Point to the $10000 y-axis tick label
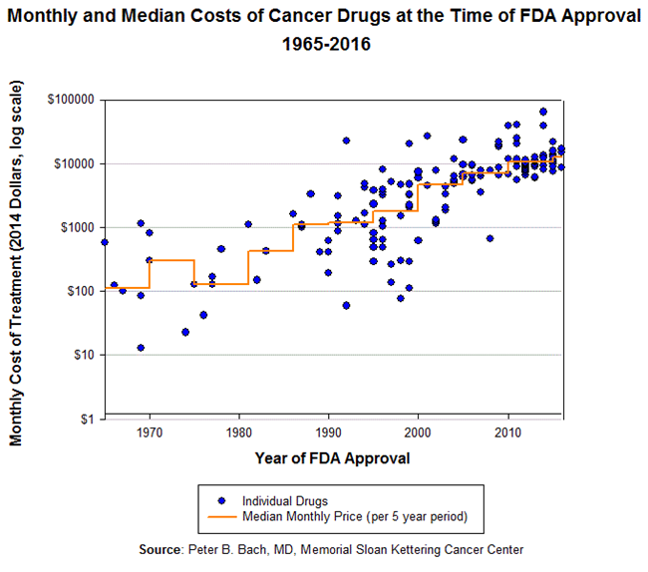pos(77,163)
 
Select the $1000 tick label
pos(80,227)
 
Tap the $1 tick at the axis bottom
pos(90,419)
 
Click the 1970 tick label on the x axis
pos(150,432)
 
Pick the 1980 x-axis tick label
pos(239,432)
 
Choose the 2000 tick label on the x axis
pos(419,432)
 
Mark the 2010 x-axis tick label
pos(508,432)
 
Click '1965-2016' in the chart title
pos(325,45)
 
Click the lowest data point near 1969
pos(141,348)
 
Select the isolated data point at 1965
pos(105,242)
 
